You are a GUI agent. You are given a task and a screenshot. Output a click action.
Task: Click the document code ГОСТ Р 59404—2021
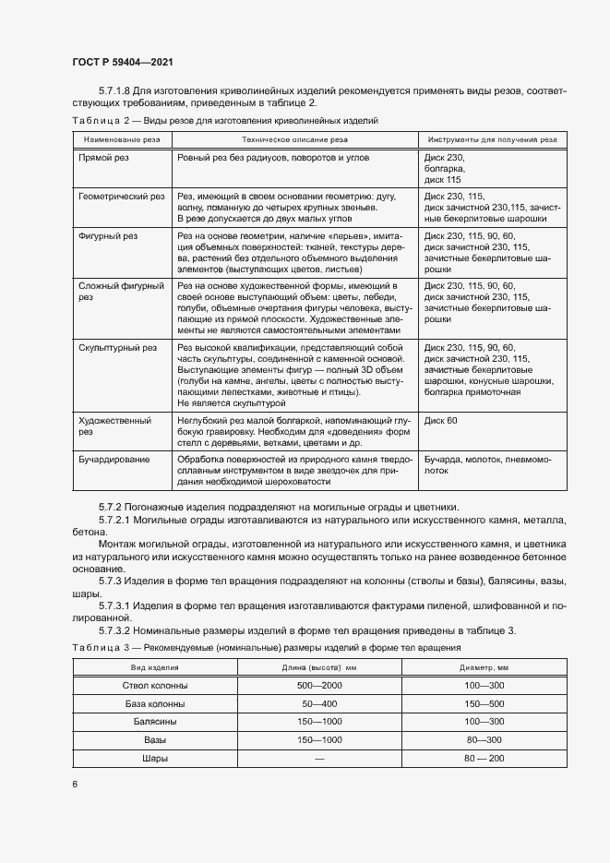tap(123, 62)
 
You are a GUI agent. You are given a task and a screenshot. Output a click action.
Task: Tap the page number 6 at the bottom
tap(74, 784)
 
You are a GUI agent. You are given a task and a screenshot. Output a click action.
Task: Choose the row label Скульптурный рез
tap(118, 348)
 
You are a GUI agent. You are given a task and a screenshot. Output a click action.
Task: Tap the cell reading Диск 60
tap(441, 420)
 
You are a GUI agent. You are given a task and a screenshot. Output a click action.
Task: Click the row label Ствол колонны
tap(155, 686)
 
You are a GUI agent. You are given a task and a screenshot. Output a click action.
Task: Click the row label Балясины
tap(155, 722)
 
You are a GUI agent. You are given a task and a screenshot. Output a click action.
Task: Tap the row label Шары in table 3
tap(155, 759)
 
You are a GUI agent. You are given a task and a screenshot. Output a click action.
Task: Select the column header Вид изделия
tap(155, 666)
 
